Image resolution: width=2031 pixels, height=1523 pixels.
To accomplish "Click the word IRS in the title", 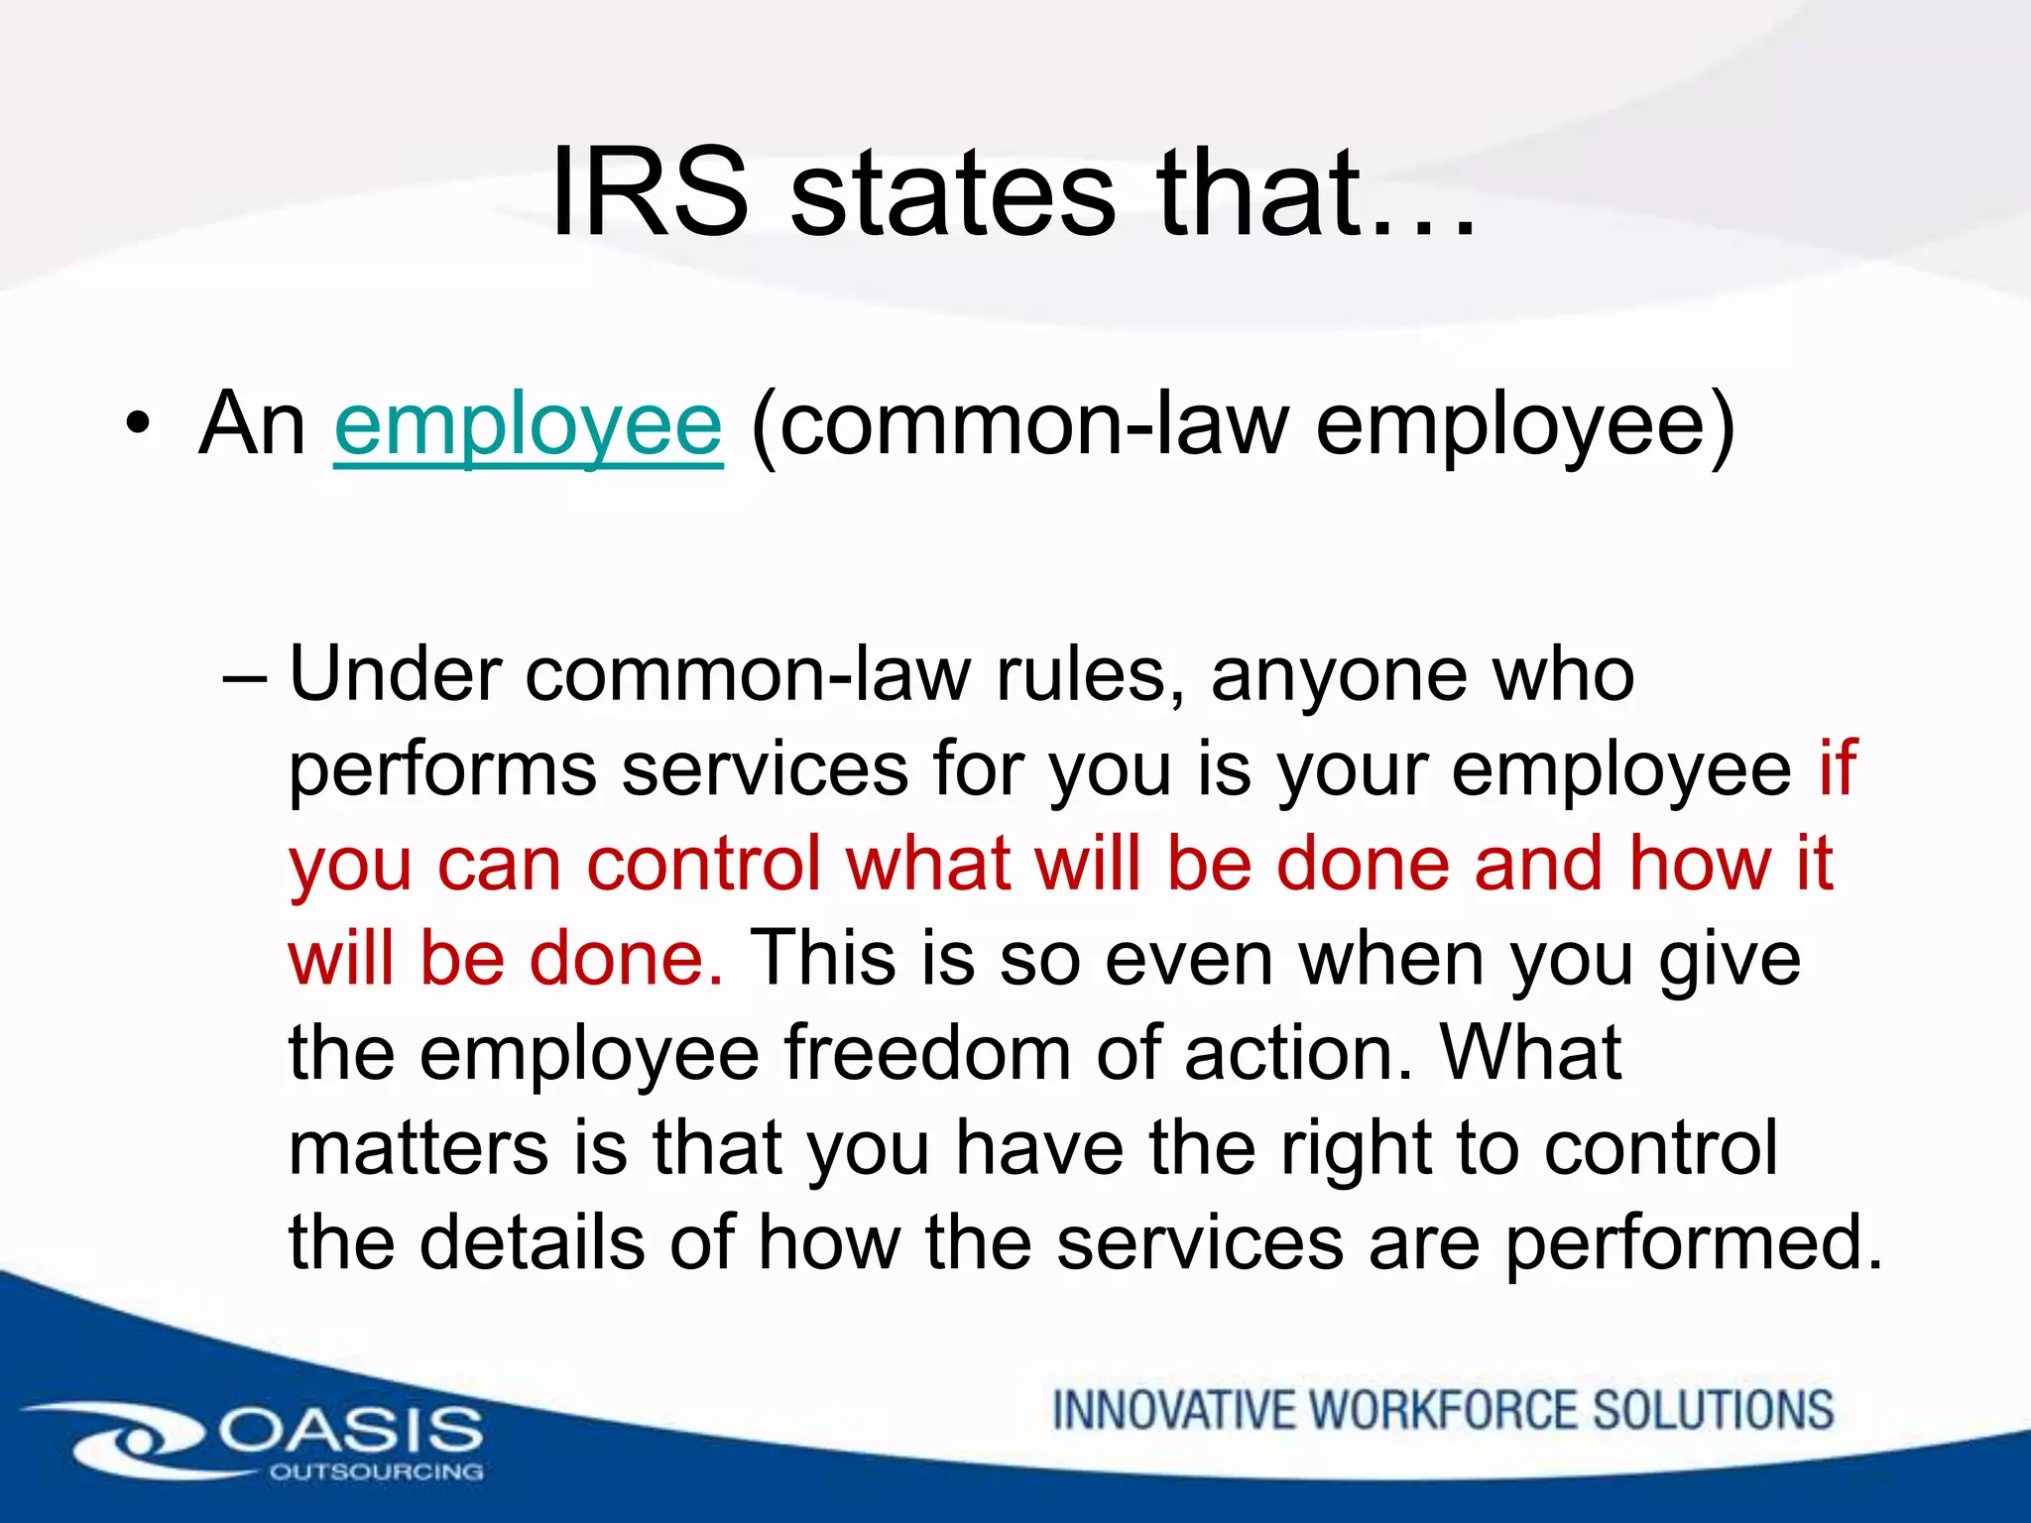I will [x=650, y=192].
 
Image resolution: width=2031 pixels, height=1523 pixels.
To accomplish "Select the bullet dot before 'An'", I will [x=138, y=426].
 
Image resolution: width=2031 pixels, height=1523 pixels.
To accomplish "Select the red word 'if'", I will [x=1837, y=768].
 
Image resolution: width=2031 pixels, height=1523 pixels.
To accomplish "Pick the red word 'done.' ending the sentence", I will [x=626, y=959].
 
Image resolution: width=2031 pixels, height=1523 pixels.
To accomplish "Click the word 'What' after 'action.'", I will [x=1530, y=1053].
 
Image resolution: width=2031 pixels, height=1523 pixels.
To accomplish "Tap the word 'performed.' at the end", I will [x=1694, y=1244].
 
